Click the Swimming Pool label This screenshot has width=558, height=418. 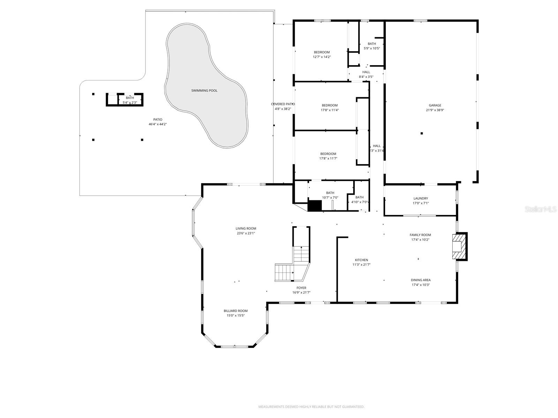[204, 91]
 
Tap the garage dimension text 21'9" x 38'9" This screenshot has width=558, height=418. [435, 110]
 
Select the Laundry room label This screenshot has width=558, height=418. [421, 199]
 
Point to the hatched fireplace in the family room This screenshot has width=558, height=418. [459, 247]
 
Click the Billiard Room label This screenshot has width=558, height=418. [235, 311]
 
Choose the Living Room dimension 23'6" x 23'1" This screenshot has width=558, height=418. [246, 233]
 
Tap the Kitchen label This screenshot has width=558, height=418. [361, 260]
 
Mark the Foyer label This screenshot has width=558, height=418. [301, 288]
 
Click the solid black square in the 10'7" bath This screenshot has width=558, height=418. [315, 206]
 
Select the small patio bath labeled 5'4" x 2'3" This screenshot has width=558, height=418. [130, 100]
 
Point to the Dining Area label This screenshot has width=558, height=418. [421, 280]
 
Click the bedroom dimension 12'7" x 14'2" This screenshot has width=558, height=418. [322, 57]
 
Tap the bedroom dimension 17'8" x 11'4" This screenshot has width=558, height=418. [330, 110]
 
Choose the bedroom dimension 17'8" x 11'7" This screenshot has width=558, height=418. [328, 158]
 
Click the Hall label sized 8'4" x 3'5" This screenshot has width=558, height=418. [366, 72]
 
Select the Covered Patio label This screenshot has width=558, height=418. [283, 104]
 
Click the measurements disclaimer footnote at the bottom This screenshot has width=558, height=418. [311, 407]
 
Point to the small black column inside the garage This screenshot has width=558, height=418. [422, 133]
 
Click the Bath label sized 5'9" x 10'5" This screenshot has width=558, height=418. [372, 44]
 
